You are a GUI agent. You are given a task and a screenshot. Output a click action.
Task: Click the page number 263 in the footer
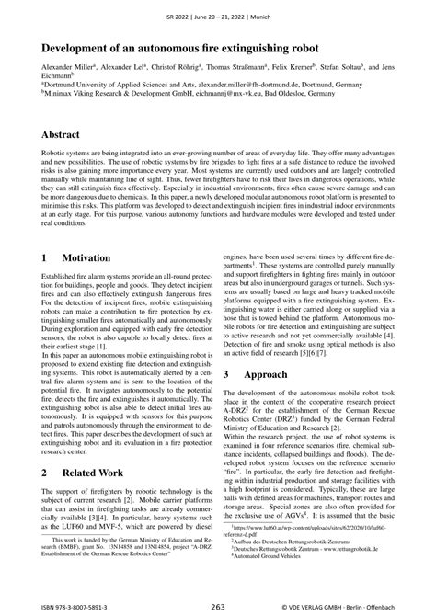217,607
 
